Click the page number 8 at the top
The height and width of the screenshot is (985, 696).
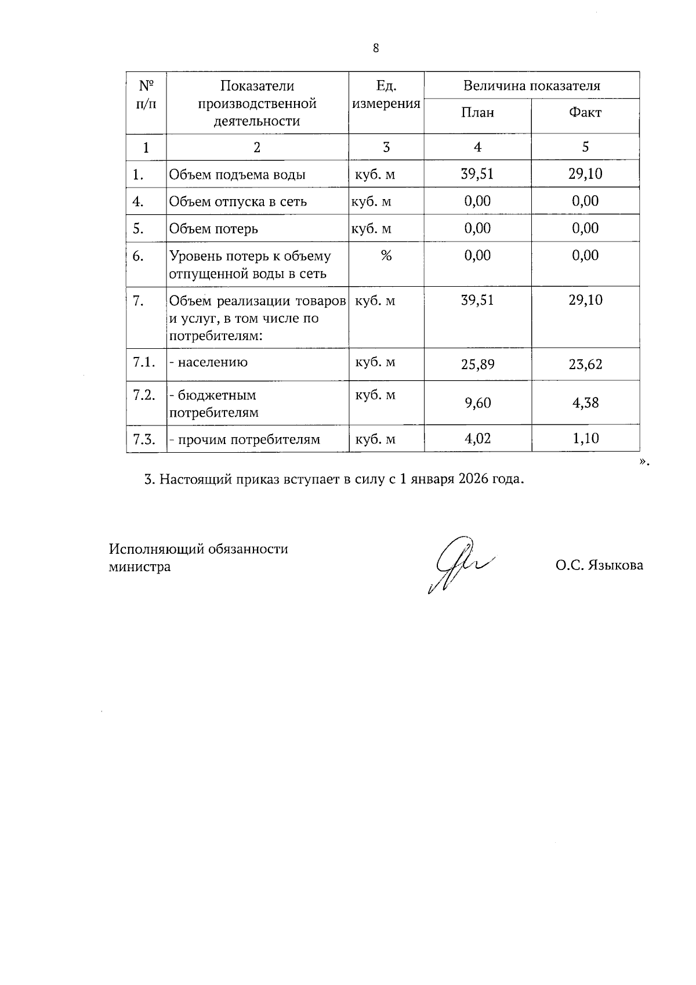pyautogui.click(x=376, y=48)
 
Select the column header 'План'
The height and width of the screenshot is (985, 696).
pyautogui.click(x=477, y=113)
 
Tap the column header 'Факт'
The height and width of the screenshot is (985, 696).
pyautogui.click(x=585, y=113)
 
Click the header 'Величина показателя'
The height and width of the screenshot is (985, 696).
pyautogui.click(x=531, y=86)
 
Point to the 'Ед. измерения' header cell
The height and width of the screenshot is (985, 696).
pyautogui.click(x=386, y=95)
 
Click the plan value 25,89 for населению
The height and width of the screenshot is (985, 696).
pyautogui.click(x=477, y=365)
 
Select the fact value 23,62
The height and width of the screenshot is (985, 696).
pyautogui.click(x=585, y=365)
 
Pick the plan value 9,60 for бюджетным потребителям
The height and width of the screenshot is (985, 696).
pyautogui.click(x=477, y=403)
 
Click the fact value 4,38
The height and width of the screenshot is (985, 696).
pyautogui.click(x=585, y=403)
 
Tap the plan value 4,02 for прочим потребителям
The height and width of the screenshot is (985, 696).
pyautogui.click(x=477, y=438)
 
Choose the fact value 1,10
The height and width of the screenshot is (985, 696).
pyautogui.click(x=585, y=438)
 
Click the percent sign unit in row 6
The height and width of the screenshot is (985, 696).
pyautogui.click(x=386, y=255)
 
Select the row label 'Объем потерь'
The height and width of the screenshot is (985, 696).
pyautogui.click(x=213, y=229)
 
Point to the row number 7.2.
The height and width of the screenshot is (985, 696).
pyautogui.click(x=144, y=395)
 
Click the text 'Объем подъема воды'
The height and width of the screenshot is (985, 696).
pyautogui.click(x=237, y=175)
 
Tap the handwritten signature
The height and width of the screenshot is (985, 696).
pyautogui.click(x=458, y=563)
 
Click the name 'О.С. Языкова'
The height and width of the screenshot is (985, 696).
pyautogui.click(x=599, y=565)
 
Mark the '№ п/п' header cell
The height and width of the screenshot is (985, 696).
pyautogui.click(x=146, y=95)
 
